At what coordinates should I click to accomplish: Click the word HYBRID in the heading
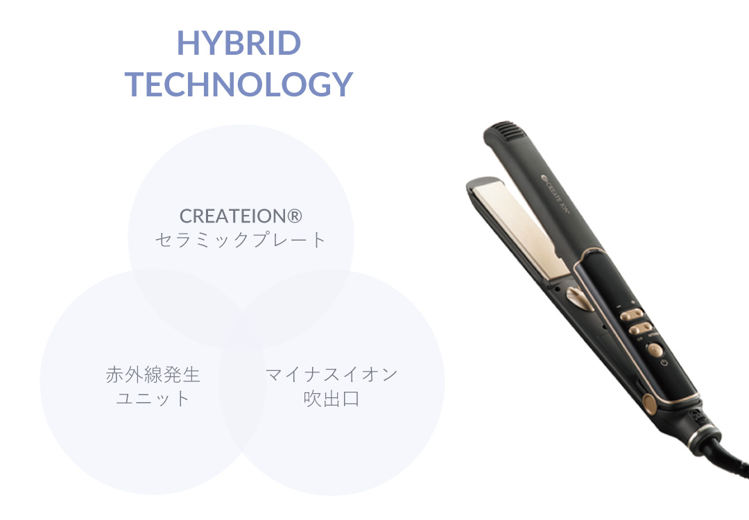tap(239, 43)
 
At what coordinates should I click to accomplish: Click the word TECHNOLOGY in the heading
tap(239, 83)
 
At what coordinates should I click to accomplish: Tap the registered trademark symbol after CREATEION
tap(294, 216)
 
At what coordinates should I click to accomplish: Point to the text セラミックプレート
tap(241, 240)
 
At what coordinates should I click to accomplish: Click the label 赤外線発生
tap(153, 375)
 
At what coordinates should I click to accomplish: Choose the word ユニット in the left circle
tap(153, 399)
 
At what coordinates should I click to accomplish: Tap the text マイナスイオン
tap(332, 375)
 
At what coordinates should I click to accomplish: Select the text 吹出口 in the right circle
tap(332, 399)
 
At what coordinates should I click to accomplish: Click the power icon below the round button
tap(664, 362)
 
